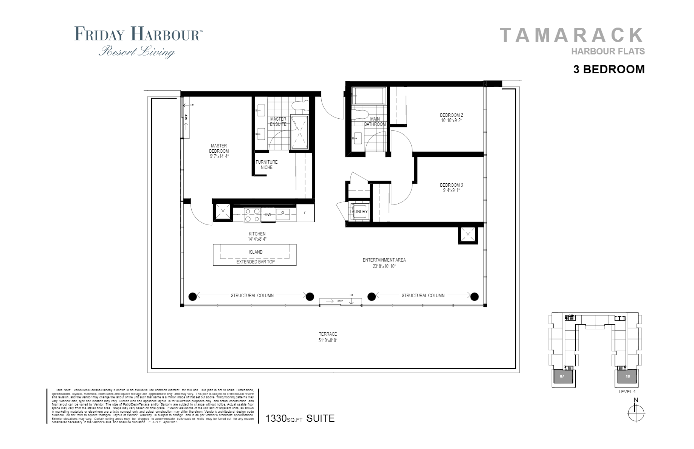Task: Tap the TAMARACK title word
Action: coord(571,35)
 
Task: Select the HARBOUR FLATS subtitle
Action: coord(607,51)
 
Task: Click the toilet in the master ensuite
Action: coord(301,105)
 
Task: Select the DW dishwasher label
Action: coord(268,215)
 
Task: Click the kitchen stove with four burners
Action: coord(252,215)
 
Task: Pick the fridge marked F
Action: coord(305,213)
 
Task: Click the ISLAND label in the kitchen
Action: coord(256,252)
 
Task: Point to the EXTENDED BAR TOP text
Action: coord(256,262)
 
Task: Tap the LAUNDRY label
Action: coord(358,212)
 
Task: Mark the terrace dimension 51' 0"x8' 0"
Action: coord(328,340)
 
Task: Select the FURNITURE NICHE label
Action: coord(266,165)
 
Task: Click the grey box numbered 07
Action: coord(562,376)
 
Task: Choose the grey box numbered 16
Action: coord(627,376)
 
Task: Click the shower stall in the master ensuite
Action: coord(299,132)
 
